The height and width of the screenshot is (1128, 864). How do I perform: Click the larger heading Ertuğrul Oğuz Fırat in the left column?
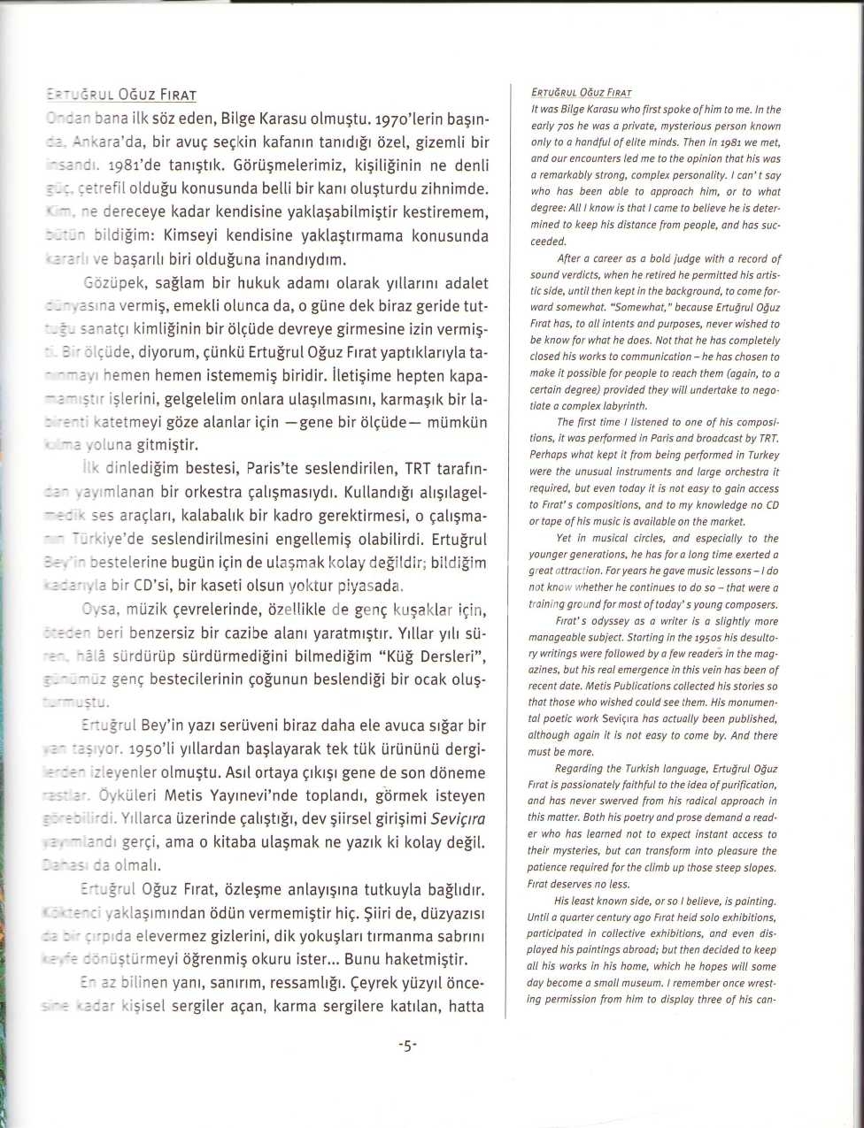click(x=120, y=95)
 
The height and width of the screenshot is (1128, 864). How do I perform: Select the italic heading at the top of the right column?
click(x=582, y=92)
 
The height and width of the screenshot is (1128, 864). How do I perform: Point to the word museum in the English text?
click(x=647, y=984)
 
